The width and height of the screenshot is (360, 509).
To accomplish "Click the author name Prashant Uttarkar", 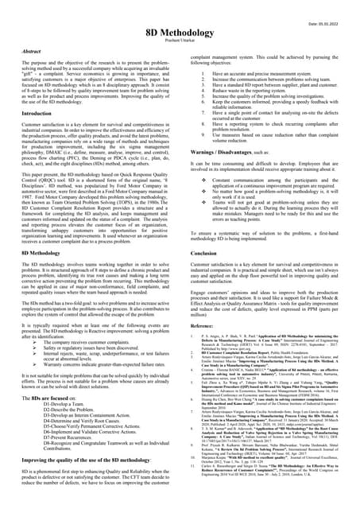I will (x=180, y=40).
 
